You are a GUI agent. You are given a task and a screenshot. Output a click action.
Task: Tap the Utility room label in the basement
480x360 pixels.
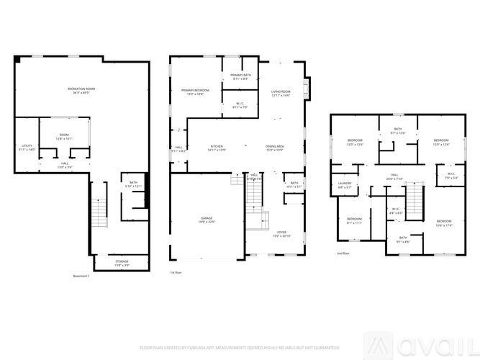pos(26,148)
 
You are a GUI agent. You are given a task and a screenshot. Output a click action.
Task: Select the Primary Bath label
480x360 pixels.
pos(240,77)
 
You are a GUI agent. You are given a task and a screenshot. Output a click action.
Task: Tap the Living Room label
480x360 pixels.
pos(281,94)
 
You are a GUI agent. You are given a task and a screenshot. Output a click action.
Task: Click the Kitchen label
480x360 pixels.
pos(217,148)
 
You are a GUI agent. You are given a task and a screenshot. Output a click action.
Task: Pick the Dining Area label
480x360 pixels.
pos(275,148)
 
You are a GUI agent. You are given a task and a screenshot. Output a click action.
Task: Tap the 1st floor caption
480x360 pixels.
pos(175,273)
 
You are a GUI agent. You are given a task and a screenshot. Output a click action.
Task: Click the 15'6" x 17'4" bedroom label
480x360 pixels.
pos(443,222)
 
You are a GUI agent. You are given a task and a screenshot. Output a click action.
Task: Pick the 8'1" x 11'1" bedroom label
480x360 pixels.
pos(354,221)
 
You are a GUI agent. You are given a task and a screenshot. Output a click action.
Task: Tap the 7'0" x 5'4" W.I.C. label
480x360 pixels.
pos(451,175)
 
